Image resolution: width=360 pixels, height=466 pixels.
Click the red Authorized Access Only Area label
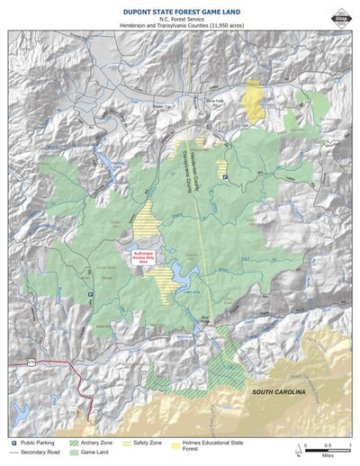(144, 257)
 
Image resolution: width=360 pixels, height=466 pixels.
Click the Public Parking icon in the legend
(13, 444)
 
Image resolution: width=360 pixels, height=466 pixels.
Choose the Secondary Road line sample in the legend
(15, 453)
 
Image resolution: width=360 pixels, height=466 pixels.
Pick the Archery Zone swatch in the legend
(74, 444)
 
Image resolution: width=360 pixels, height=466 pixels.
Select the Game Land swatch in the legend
(74, 453)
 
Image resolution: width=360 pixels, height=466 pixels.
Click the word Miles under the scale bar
(327, 456)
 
